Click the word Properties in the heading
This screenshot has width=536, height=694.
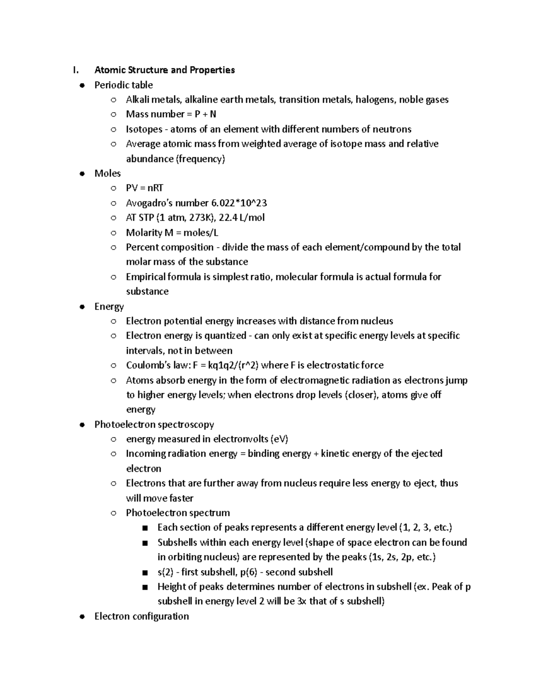tap(212, 70)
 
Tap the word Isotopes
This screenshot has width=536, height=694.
tap(144, 129)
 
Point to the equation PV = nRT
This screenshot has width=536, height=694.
tap(144, 188)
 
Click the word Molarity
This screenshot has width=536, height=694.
tap(144, 232)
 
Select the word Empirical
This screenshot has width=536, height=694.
tap(146, 277)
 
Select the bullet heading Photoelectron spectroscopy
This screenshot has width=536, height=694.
tap(154, 424)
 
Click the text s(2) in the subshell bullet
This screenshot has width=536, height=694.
tap(165, 572)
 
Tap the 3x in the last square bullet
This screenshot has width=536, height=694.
tap(301, 601)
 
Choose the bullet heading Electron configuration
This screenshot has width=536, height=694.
tap(142, 616)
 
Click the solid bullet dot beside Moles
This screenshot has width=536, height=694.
tap(82, 174)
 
